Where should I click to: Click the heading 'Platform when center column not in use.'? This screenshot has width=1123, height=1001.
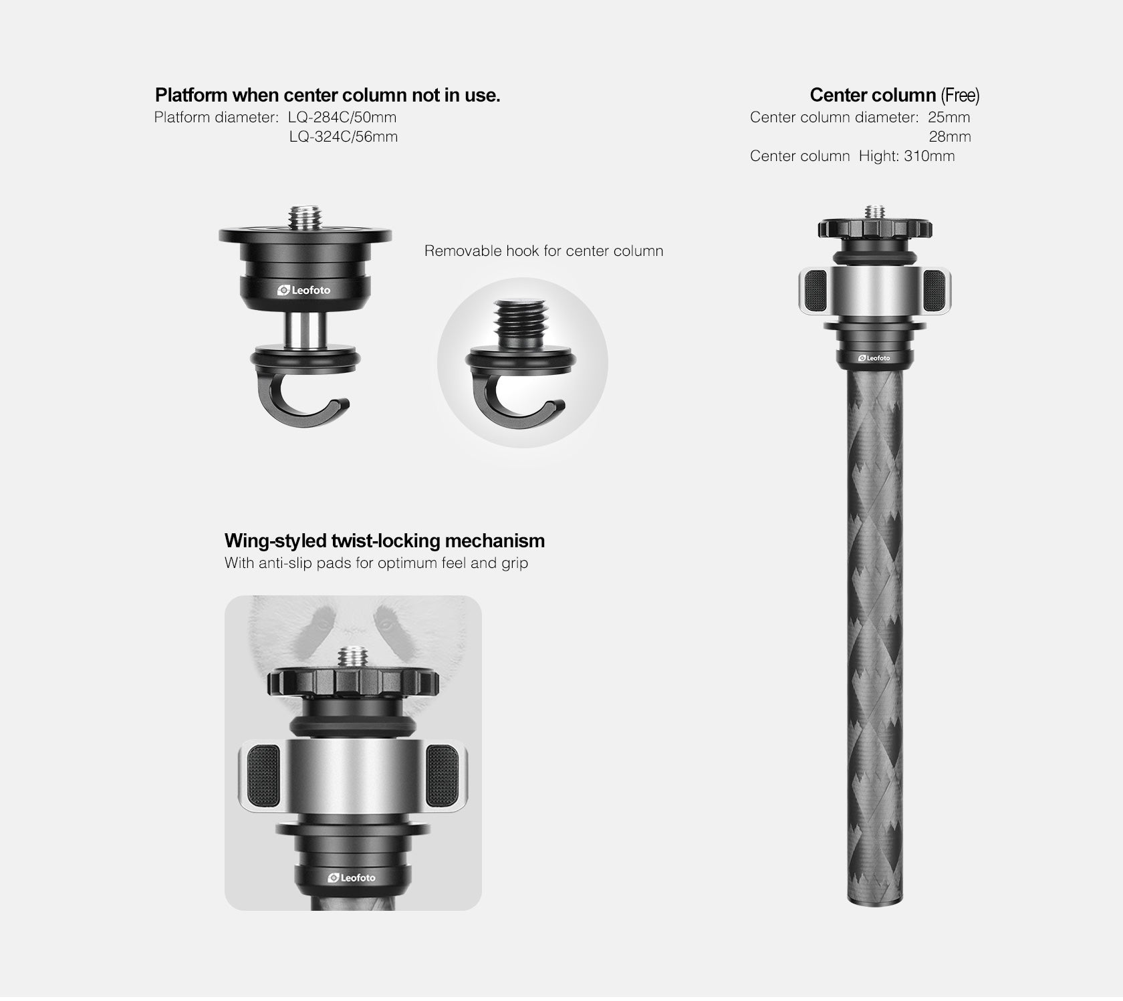(x=328, y=96)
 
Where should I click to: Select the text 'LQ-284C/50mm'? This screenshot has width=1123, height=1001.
(x=342, y=118)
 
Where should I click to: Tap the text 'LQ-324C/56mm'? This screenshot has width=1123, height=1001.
(x=343, y=137)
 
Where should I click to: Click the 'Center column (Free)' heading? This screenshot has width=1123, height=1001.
(x=894, y=96)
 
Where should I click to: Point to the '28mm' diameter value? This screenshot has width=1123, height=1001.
(x=949, y=137)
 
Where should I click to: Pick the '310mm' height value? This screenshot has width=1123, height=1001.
(x=929, y=156)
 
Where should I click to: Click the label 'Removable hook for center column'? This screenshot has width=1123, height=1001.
(x=543, y=251)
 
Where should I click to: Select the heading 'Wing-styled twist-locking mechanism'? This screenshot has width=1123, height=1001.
(x=384, y=541)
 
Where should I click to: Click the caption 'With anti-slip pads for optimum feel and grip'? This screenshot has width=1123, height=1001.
(x=376, y=563)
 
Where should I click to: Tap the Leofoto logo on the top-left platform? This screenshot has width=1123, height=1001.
(x=304, y=291)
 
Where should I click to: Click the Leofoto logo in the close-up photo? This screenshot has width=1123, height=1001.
(x=352, y=877)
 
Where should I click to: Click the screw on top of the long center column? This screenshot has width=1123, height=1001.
(x=874, y=212)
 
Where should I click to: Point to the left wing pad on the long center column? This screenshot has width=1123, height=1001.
(x=815, y=290)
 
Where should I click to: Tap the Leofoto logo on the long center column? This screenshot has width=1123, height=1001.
(x=874, y=358)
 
